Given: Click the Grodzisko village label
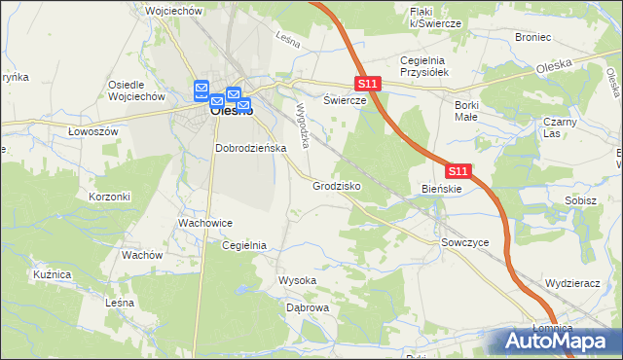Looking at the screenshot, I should point(337,185).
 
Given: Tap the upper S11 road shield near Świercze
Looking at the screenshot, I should point(367,86).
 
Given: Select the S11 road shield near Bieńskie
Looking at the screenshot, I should point(459,171).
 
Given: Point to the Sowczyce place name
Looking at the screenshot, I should point(463,240).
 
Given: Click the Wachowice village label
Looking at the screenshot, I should point(203,223).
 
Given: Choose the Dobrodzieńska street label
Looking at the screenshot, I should point(250,148).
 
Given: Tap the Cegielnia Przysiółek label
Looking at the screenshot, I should point(422,67).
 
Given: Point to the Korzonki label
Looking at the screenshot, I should point(110,197).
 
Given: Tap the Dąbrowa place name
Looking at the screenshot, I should point(308,307).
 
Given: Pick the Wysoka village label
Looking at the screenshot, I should point(298,280).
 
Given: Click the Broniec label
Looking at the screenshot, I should point(533,37).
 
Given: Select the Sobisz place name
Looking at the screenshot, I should point(580,200).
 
